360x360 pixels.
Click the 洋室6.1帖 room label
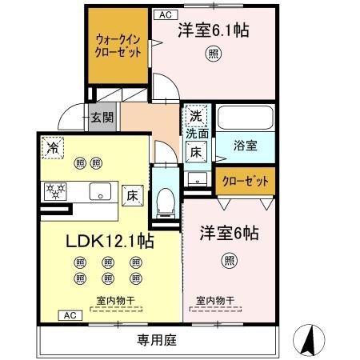(212, 31)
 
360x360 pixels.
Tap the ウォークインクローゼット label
(118, 43)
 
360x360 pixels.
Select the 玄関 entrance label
(102, 117)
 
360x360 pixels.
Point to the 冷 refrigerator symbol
(53, 147)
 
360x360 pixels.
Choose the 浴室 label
(245, 146)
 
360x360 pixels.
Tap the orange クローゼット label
(245, 182)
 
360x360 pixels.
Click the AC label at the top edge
(165, 14)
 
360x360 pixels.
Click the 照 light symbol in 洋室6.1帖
(214, 54)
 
